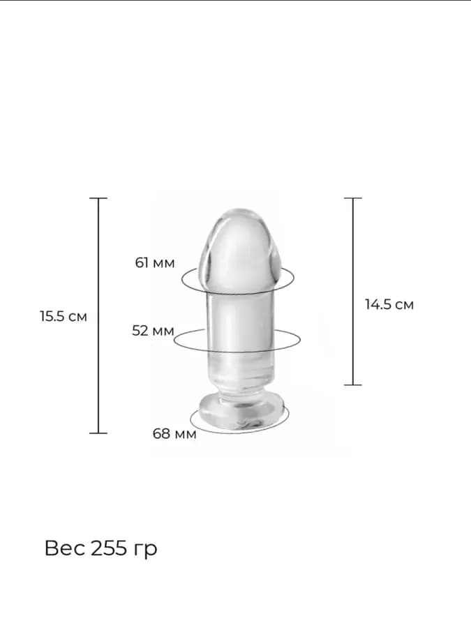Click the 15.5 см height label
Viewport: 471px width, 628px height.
pyautogui.click(x=63, y=316)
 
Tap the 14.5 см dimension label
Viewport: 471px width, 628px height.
pyautogui.click(x=389, y=304)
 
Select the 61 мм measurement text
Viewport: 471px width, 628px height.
pyautogui.click(x=155, y=263)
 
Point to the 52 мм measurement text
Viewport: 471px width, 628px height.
pyautogui.click(x=153, y=331)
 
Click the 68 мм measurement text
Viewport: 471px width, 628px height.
pyautogui.click(x=174, y=433)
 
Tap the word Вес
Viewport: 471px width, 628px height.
pyautogui.click(x=65, y=548)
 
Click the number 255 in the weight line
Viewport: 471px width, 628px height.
pyautogui.click(x=108, y=548)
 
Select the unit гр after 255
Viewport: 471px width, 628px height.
pyautogui.click(x=144, y=550)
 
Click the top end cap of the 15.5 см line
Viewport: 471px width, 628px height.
pyautogui.click(x=98, y=198)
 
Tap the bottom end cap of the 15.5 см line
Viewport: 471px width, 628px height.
pyautogui.click(x=98, y=433)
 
